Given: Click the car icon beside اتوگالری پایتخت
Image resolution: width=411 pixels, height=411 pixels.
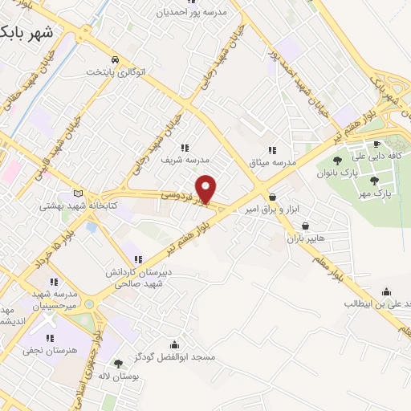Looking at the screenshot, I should click(x=117, y=60).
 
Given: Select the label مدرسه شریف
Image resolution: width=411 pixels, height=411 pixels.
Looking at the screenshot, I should click(x=177, y=160).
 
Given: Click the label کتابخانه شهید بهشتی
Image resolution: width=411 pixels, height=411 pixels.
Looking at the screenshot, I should click(x=78, y=205).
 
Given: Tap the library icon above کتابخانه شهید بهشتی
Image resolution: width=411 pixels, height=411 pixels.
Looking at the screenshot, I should click(x=78, y=193).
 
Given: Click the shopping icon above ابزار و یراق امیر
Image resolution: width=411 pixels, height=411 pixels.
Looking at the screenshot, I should click(x=273, y=196).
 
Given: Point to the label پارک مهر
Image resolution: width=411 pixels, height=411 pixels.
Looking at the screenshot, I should click(x=375, y=193).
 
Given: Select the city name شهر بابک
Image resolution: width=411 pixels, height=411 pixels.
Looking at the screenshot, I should click(x=27, y=32).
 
